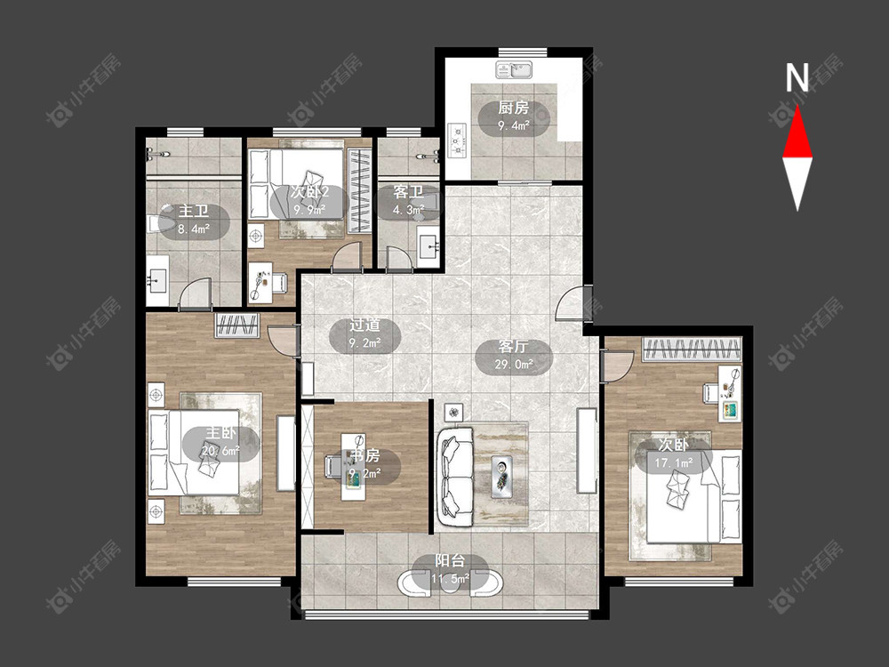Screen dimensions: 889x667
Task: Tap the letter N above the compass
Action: click(x=797, y=77)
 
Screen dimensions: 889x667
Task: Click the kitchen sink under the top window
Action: click(x=514, y=69)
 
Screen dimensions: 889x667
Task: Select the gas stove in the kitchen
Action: click(x=457, y=141)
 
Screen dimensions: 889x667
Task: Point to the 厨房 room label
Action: click(x=514, y=108)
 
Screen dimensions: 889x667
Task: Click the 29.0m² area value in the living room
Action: click(x=514, y=364)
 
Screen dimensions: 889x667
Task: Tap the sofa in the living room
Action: click(x=455, y=476)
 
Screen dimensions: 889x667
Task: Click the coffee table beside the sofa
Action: click(x=502, y=476)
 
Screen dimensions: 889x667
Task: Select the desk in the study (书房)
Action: click(x=353, y=466)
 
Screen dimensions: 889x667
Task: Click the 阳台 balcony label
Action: click(x=450, y=561)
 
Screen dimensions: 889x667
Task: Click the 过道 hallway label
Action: click(x=364, y=325)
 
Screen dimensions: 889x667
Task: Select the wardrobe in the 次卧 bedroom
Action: click(x=692, y=349)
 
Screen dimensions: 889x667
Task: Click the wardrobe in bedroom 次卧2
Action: click(x=359, y=190)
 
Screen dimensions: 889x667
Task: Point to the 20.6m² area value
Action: click(x=220, y=450)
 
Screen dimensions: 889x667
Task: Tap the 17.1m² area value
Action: click(x=674, y=462)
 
